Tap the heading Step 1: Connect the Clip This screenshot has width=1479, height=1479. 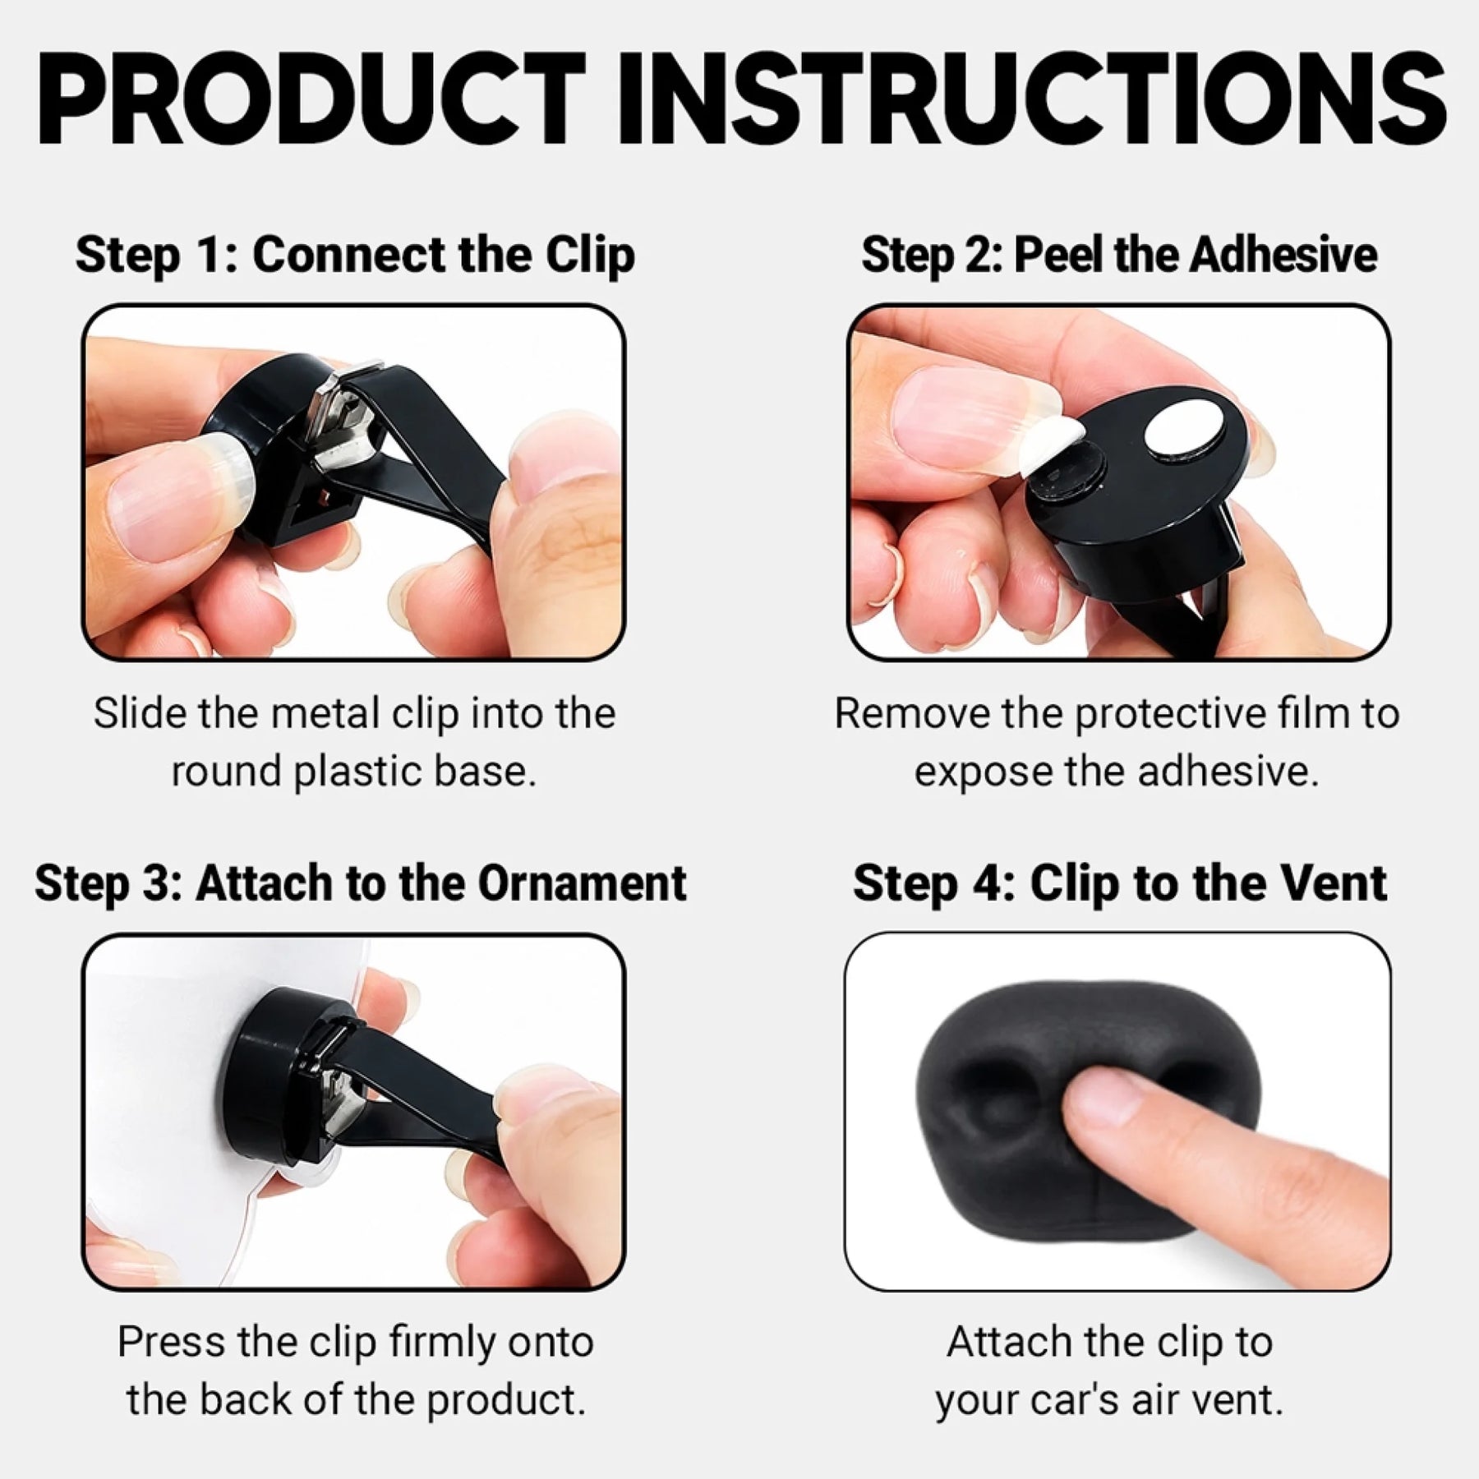(x=355, y=256)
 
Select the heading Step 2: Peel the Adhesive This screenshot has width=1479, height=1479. (x=1119, y=255)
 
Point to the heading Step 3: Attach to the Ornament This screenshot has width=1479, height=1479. (x=361, y=884)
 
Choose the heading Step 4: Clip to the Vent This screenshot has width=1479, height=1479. (x=1120, y=884)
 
